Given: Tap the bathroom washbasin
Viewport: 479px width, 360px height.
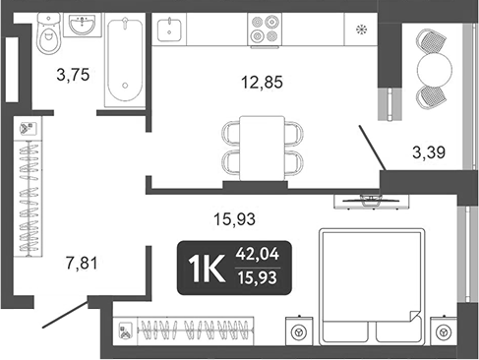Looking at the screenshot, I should [x=82, y=29].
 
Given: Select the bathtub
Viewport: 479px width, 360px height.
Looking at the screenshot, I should [x=125, y=60].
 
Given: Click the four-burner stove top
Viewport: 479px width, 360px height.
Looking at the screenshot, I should [x=263, y=30].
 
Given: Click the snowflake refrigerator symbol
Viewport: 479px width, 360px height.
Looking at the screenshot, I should [x=360, y=29].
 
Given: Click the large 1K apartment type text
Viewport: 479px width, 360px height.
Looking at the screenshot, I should [x=204, y=267].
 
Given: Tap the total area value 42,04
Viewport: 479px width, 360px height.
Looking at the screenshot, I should [x=257, y=254].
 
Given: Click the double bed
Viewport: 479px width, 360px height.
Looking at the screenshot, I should [x=370, y=284].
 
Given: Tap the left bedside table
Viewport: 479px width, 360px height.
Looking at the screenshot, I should [x=296, y=331].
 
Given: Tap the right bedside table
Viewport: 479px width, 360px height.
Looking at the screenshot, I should [x=445, y=331].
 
